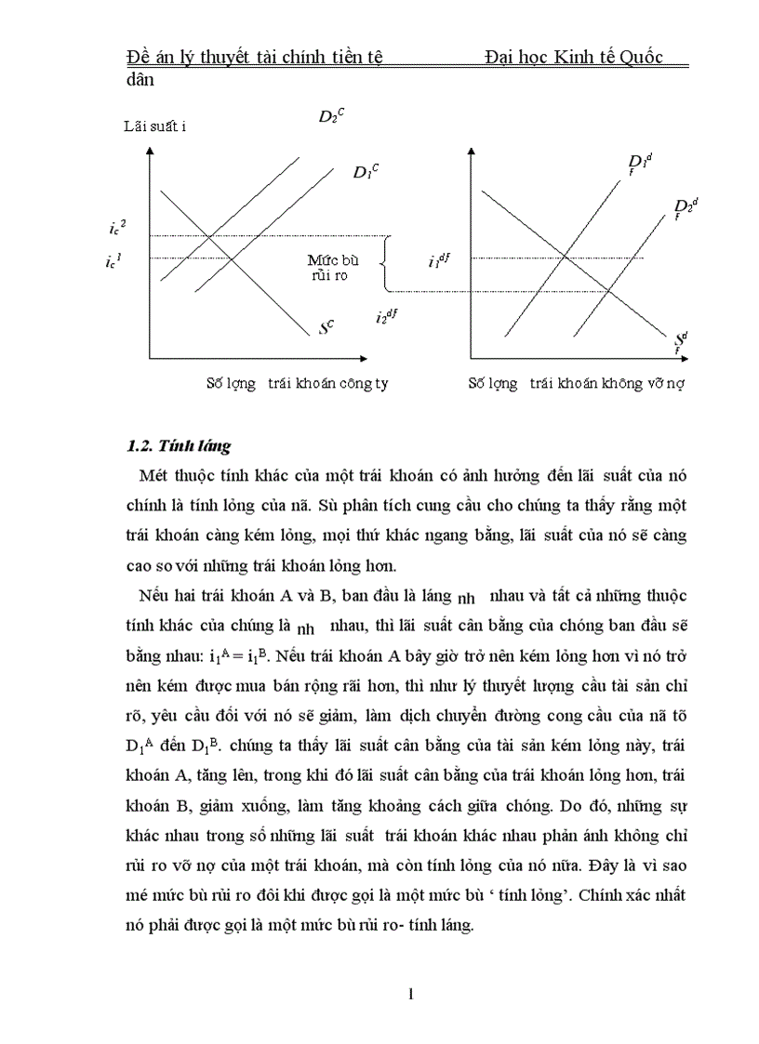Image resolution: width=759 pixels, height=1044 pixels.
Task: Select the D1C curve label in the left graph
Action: pyautogui.click(x=365, y=172)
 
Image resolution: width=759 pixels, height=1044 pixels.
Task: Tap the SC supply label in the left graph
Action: pyautogui.click(x=326, y=327)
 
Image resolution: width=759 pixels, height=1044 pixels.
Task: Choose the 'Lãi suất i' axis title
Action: pyautogui.click(x=155, y=126)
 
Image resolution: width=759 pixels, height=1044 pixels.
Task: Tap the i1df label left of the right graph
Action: pyautogui.click(x=438, y=261)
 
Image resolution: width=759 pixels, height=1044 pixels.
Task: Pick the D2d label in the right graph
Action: pyautogui.click(x=686, y=206)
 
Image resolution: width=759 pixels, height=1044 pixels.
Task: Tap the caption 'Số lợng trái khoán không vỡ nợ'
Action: pyautogui.click(x=576, y=383)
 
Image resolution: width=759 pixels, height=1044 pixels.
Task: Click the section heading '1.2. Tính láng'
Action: pyautogui.click(x=179, y=445)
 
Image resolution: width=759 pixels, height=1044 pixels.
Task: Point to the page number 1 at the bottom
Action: pyautogui.click(x=410, y=994)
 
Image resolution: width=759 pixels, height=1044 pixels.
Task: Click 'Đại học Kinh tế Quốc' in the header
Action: pyautogui.click(x=574, y=59)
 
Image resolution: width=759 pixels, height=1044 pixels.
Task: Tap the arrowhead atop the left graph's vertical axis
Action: pyautogui.click(x=148, y=154)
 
